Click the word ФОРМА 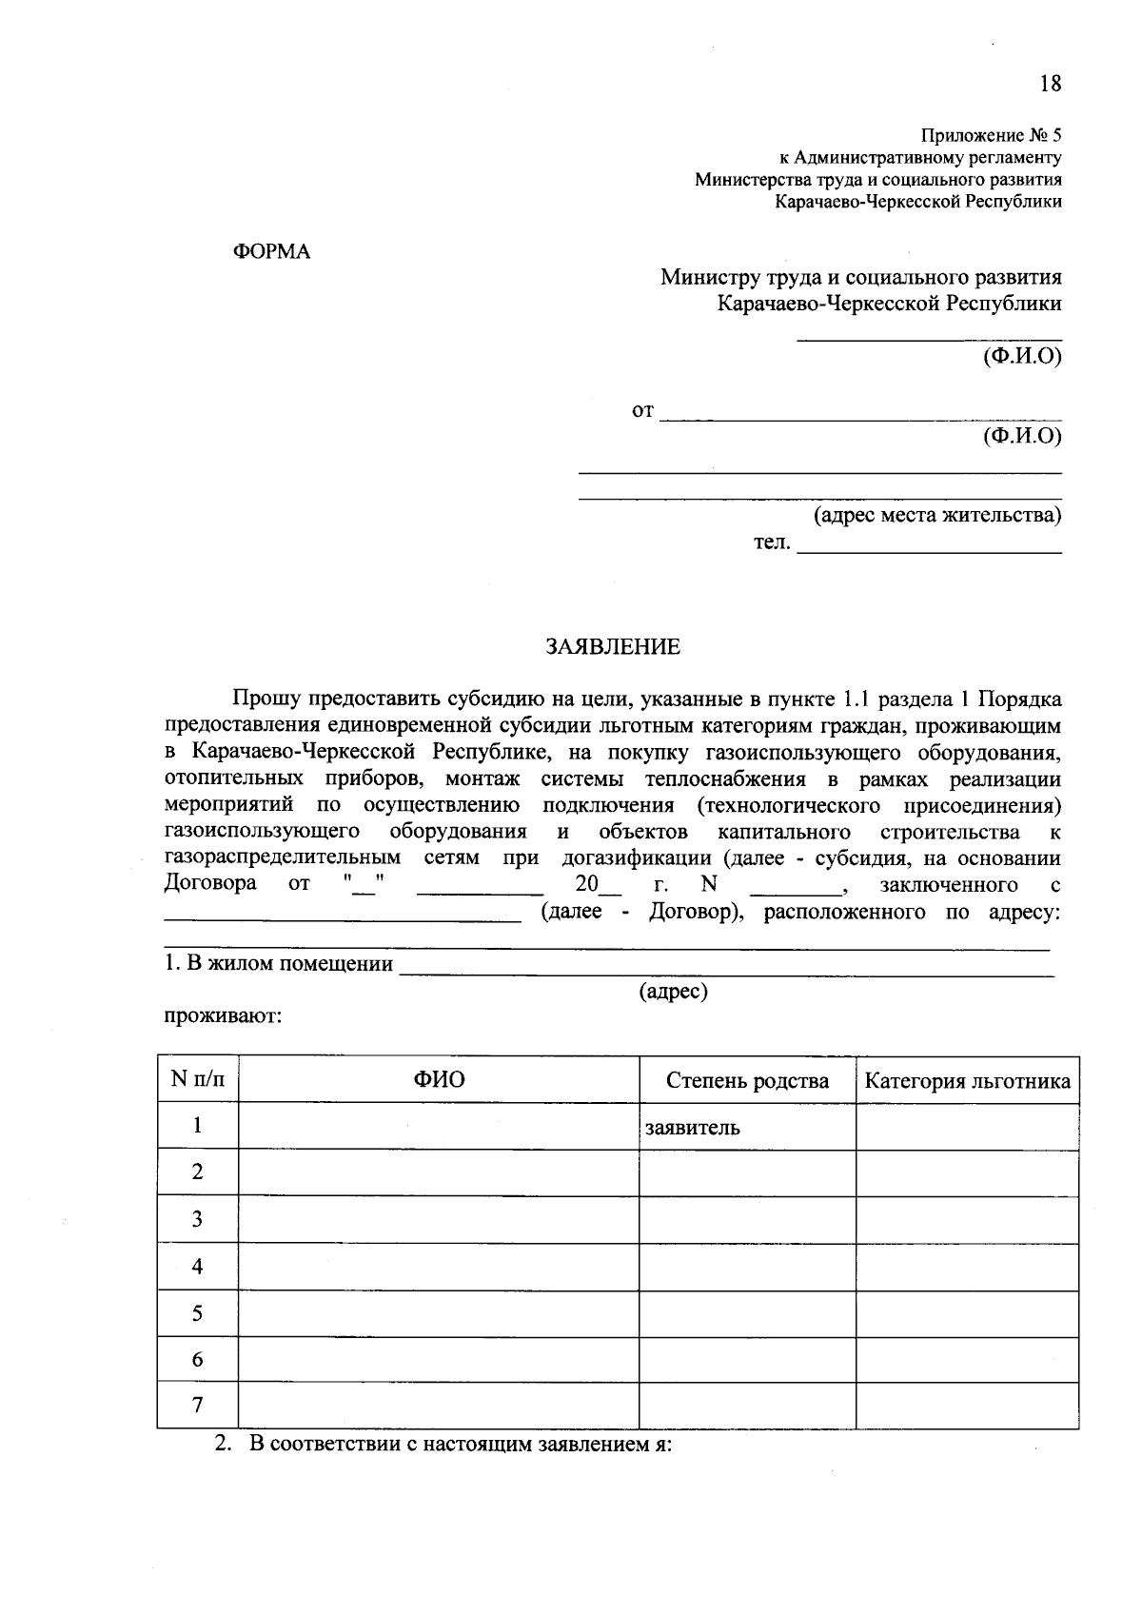272,252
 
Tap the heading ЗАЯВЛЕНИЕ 613,648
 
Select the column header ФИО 439,1080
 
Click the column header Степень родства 747,1080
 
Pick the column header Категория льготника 967,1081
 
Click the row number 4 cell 197,1267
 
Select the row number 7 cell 197,1406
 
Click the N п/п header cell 198,1080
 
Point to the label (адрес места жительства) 936,516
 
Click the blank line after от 860,413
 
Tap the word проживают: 222,1016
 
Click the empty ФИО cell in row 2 439,1172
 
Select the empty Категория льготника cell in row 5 967,1313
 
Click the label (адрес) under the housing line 674,992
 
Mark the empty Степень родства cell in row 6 747,1360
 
